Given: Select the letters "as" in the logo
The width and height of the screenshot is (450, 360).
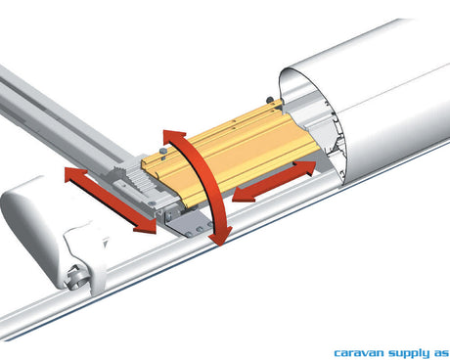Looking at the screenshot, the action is pyautogui.click(x=440, y=353).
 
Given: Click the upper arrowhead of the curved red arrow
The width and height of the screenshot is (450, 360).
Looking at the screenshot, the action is pyautogui.click(x=174, y=136).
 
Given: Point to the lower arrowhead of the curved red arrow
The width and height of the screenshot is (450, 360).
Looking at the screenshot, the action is pyautogui.click(x=220, y=236).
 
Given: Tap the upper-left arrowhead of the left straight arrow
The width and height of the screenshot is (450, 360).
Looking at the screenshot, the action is pyautogui.click(x=75, y=174).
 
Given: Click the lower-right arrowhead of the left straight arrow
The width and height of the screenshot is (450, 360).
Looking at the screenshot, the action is pyautogui.click(x=145, y=226).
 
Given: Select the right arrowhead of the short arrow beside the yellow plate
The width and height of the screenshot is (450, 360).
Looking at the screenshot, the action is pyautogui.click(x=305, y=167).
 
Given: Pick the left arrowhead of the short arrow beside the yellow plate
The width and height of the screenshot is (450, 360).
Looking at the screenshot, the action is pyautogui.click(x=244, y=195).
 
